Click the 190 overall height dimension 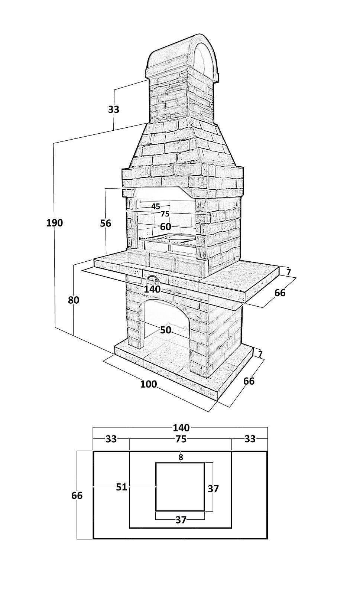pos(55,223)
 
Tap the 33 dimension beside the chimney pos(114,110)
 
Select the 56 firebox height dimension pos(106,223)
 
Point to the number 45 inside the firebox pos(156,206)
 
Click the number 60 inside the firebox pos(165,226)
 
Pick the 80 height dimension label pos(74,300)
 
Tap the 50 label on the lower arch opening pos(166,330)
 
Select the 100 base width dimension pos(149,384)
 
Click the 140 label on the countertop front pos(152,289)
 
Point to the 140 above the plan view pos(181,428)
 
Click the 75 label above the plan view pos(181,439)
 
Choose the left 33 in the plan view pos(111,439)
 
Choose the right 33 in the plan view pos(250,439)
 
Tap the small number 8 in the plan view pos(181,457)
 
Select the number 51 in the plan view pos(121,487)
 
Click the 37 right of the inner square pos(213,489)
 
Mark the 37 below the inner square pos(181,520)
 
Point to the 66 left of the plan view pos(77,496)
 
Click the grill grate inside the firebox pos(167,240)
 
